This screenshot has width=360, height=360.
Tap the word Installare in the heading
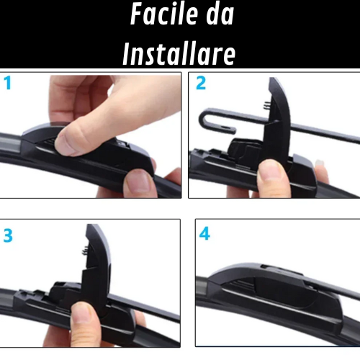click(x=179, y=54)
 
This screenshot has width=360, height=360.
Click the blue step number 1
click(x=8, y=83)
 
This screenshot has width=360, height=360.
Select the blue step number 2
click(x=201, y=83)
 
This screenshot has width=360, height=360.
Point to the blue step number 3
click(x=8, y=235)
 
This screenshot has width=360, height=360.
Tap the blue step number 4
click(x=204, y=234)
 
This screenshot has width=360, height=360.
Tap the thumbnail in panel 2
click(x=270, y=171)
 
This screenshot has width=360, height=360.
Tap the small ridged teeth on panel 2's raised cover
click(x=266, y=105)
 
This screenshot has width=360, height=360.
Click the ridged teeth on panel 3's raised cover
click(x=85, y=251)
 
